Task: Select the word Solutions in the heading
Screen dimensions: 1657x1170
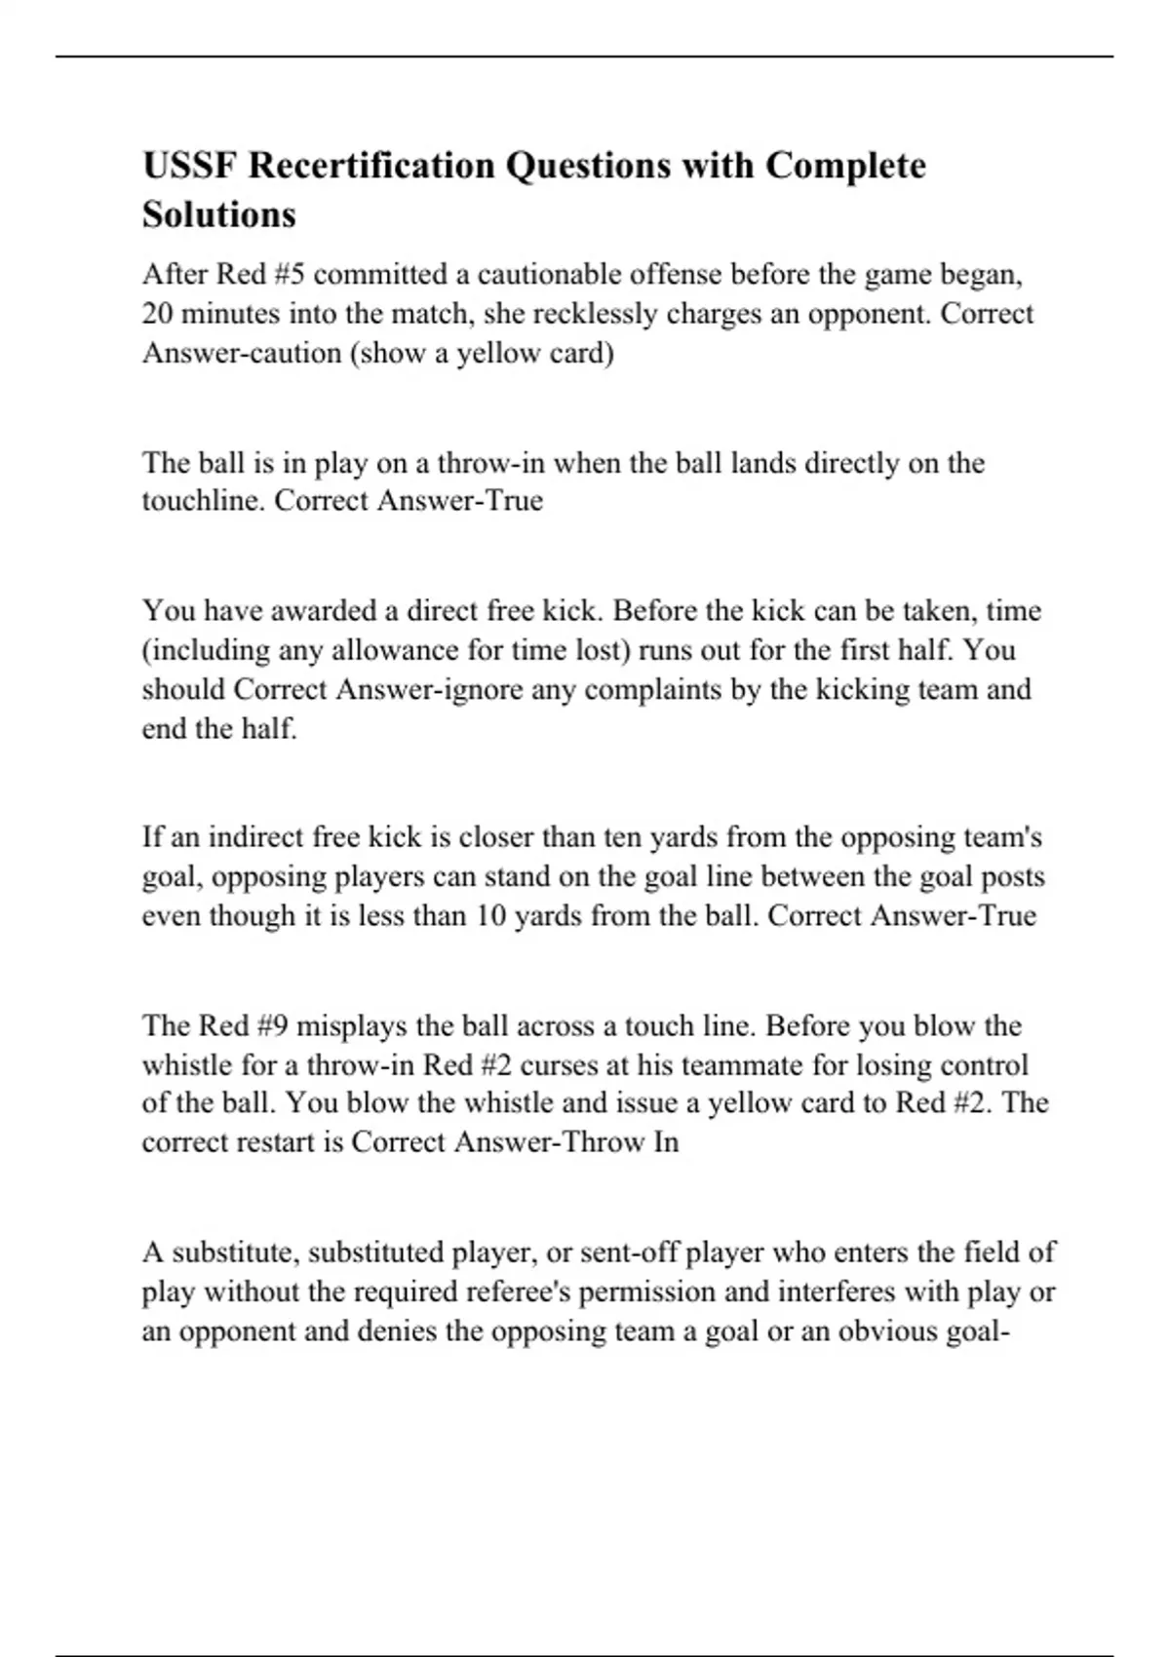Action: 218,214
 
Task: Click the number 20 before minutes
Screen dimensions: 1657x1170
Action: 157,314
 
